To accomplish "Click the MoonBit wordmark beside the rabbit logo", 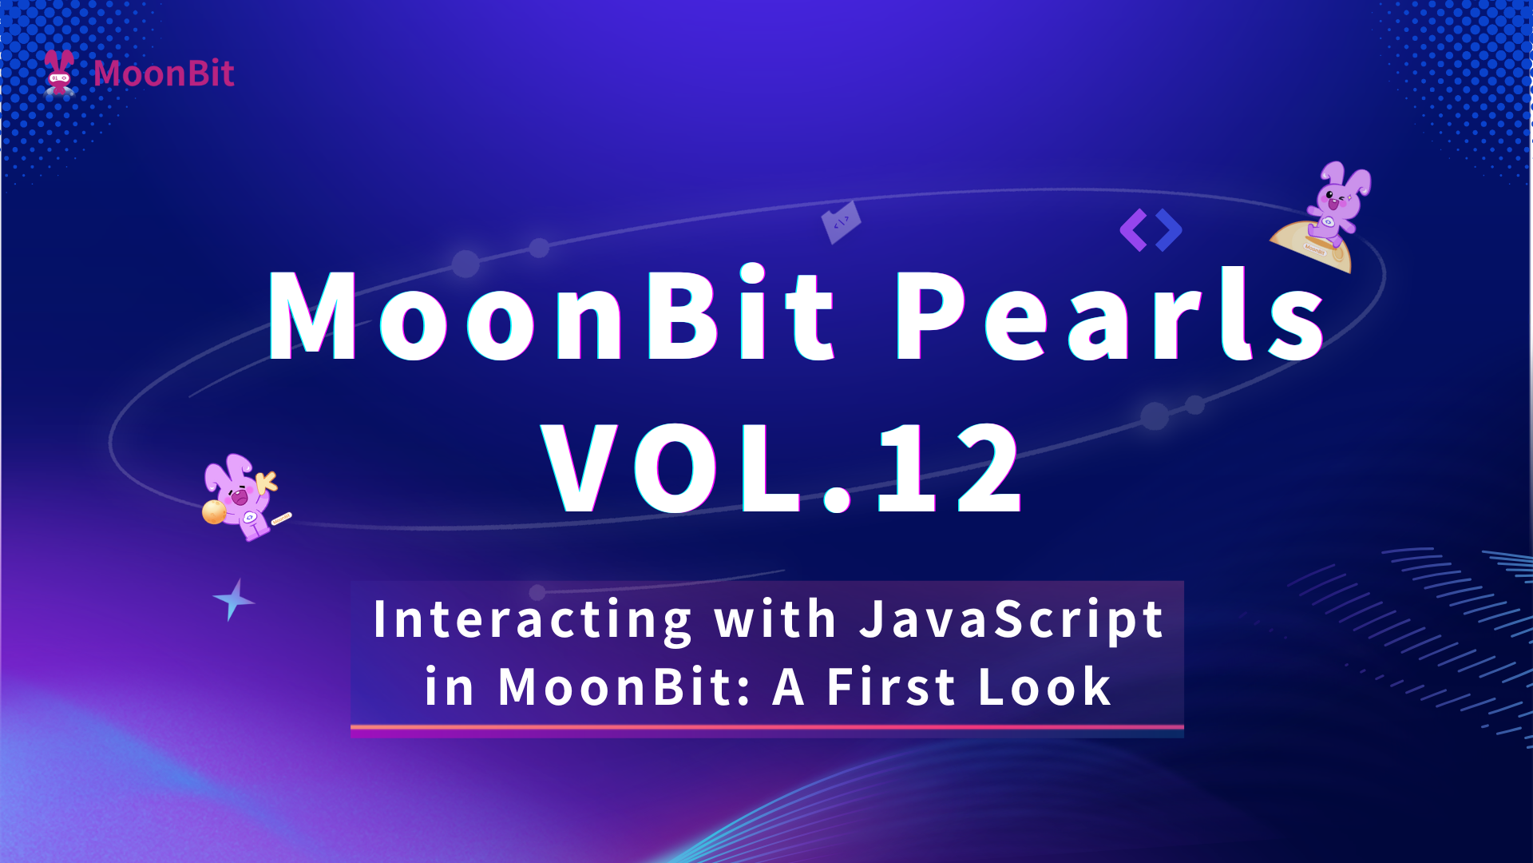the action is [x=164, y=74].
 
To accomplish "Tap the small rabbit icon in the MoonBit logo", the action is [x=59, y=73].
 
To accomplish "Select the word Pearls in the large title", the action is [x=1111, y=314].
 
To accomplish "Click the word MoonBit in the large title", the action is [x=552, y=314].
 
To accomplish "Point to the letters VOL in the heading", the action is [x=671, y=468].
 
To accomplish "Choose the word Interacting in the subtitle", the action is [x=532, y=620].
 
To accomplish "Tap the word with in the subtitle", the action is [x=775, y=618].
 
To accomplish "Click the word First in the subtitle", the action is [x=891, y=686].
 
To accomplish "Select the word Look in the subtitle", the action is [x=1044, y=686].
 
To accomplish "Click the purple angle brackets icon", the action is [x=1151, y=230].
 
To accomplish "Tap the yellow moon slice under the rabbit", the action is [x=1313, y=247].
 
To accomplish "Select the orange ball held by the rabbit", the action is [x=214, y=512].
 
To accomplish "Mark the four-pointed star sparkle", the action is [x=233, y=599].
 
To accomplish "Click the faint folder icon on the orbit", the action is [x=841, y=222].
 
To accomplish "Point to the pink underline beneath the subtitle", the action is [x=766, y=727].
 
